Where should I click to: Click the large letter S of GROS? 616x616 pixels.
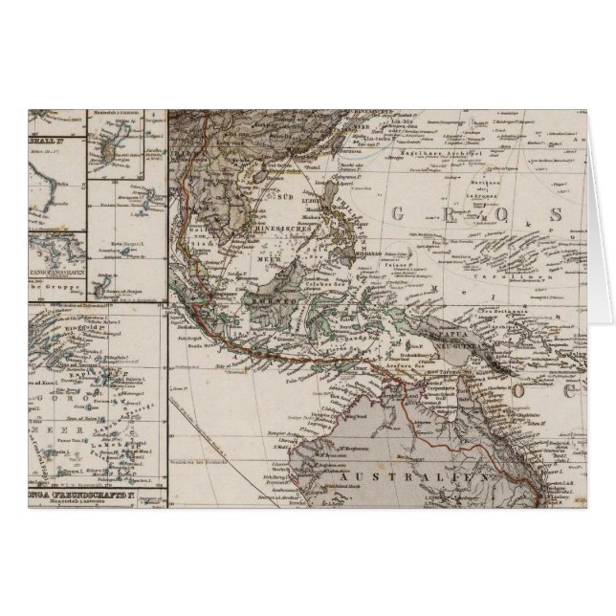coord(544,216)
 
